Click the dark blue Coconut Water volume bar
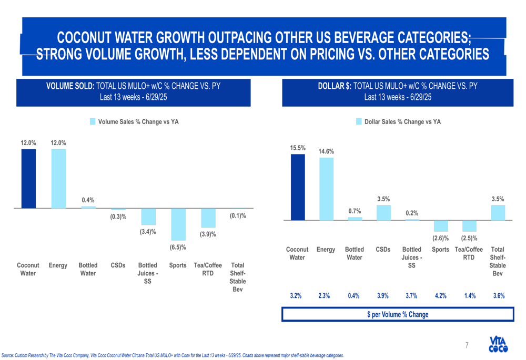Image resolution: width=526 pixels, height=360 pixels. (28, 179)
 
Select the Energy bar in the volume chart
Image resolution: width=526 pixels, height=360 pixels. (58, 179)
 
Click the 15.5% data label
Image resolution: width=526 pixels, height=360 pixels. (298, 148)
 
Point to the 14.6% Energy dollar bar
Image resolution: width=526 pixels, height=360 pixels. (327, 189)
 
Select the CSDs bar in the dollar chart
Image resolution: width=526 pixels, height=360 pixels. (383, 212)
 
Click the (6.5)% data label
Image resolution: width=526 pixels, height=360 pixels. (178, 247)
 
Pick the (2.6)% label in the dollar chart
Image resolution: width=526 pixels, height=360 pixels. (440, 238)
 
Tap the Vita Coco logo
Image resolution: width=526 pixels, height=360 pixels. (498, 344)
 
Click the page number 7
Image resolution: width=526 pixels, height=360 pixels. (467, 345)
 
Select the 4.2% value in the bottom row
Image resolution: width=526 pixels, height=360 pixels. (440, 296)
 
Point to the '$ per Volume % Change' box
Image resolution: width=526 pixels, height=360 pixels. (398, 314)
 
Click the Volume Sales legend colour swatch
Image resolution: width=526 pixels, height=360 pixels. (93, 121)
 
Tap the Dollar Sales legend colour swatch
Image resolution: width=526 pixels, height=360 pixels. (359, 121)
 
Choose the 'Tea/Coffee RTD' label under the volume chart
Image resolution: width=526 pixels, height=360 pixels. (208, 269)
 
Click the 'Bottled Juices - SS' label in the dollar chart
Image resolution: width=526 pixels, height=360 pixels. (411, 258)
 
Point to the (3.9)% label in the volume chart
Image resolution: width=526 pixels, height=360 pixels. (208, 234)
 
